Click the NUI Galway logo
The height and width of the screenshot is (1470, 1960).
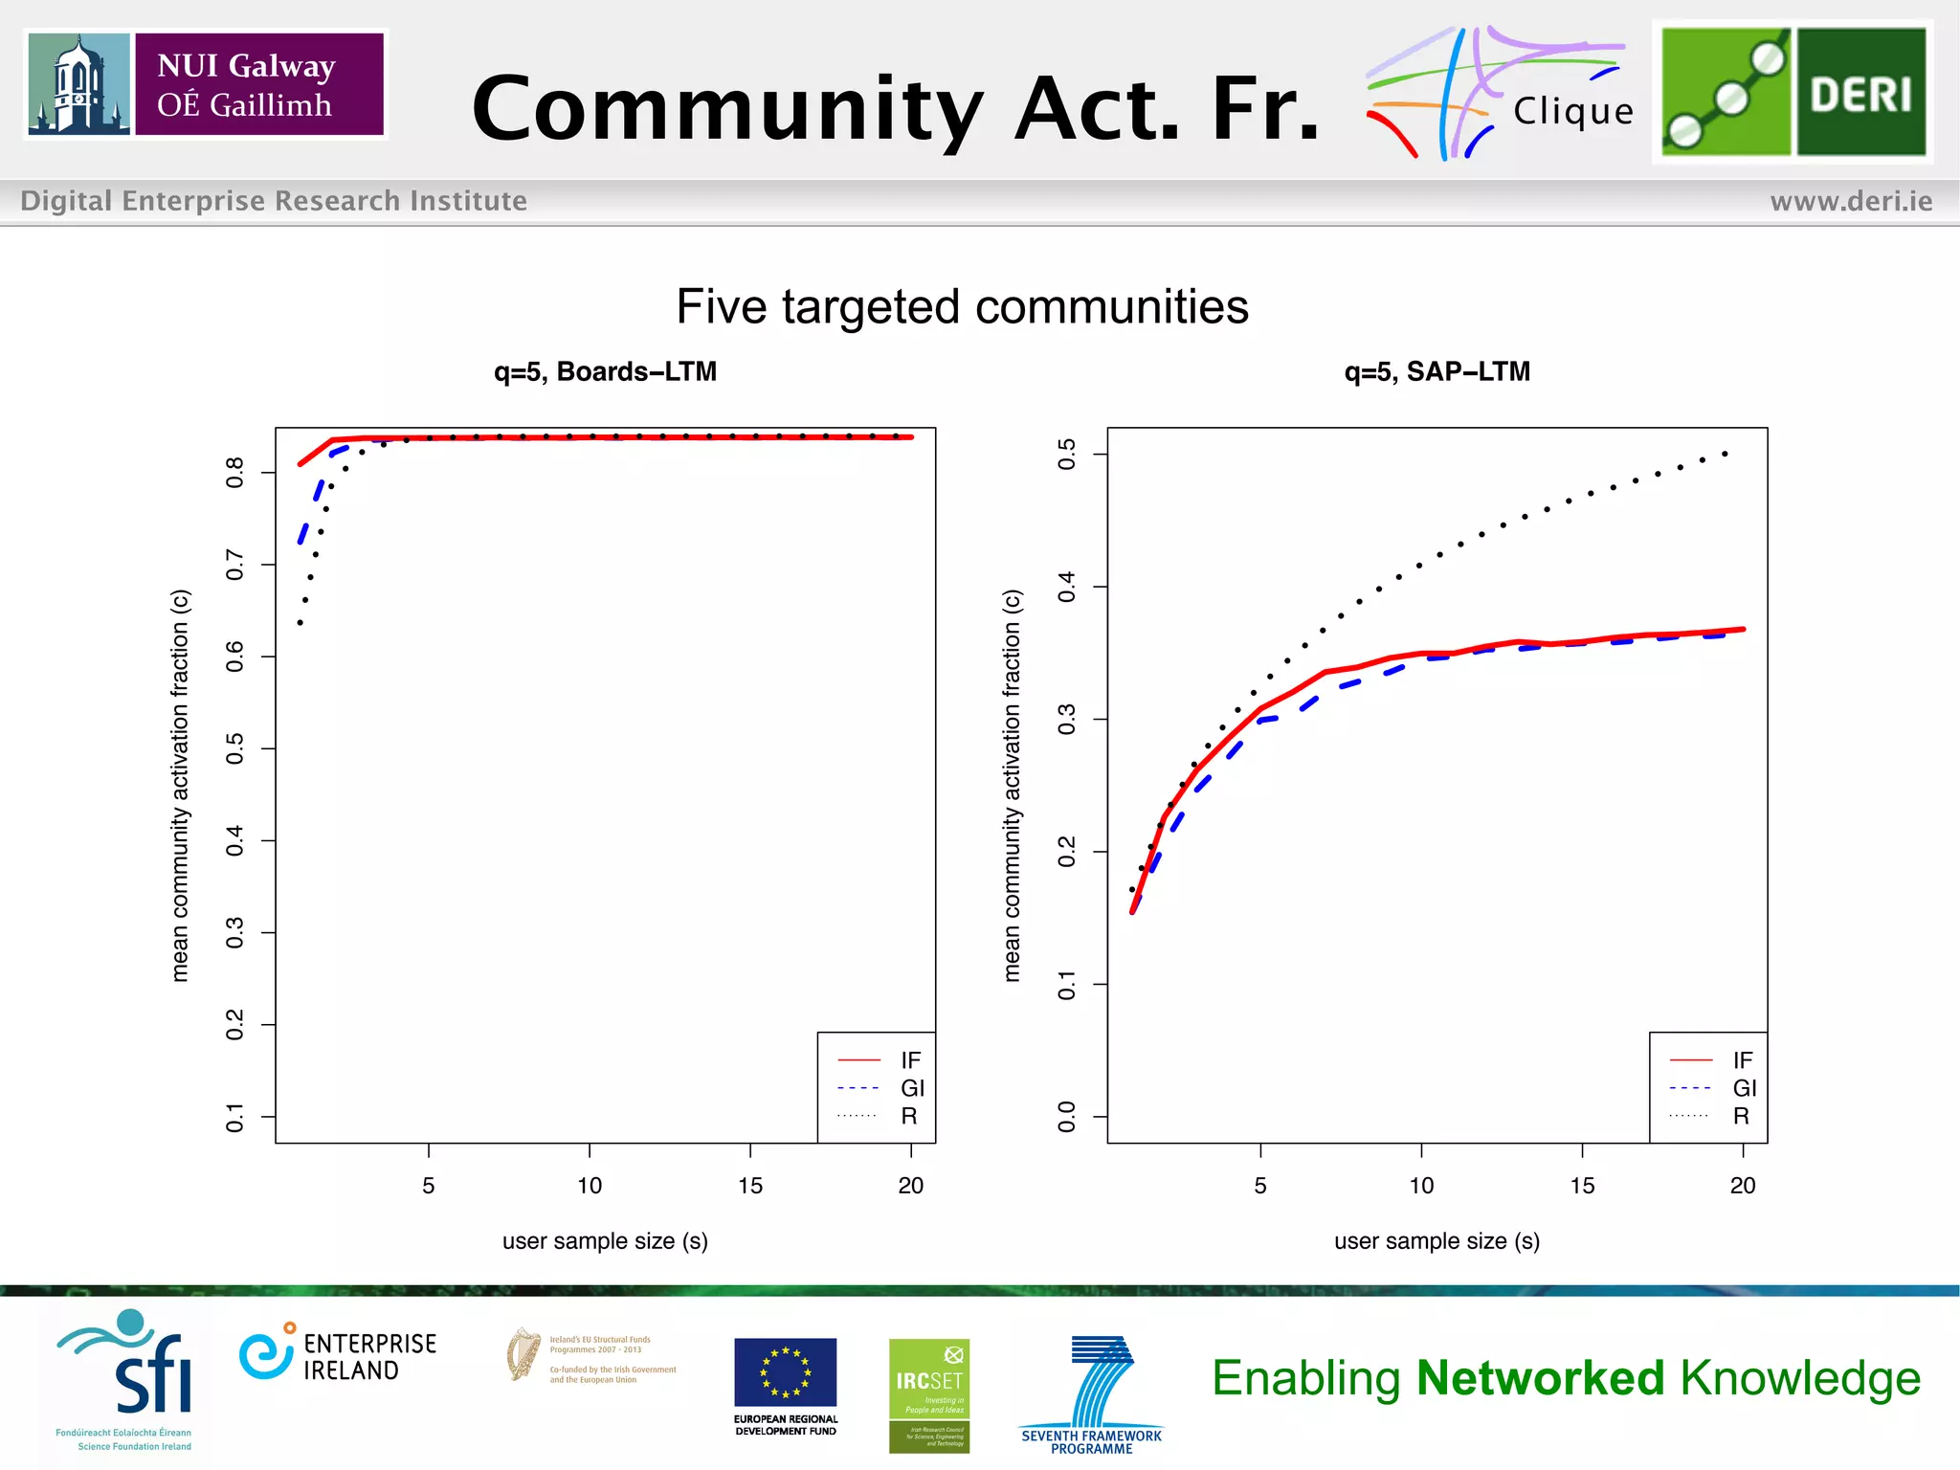206,84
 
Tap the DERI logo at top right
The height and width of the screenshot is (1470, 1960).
1793,92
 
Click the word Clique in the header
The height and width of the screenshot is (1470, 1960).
1573,112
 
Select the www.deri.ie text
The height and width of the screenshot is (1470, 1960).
1851,201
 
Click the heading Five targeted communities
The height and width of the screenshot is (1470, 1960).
962,307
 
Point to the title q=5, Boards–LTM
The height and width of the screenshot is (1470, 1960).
605,371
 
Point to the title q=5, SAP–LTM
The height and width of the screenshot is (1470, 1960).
1437,371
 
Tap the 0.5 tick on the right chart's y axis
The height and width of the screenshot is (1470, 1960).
1067,454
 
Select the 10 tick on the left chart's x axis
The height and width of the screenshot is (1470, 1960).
590,1186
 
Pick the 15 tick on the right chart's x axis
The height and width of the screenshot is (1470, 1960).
1582,1186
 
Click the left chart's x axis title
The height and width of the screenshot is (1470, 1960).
605,1241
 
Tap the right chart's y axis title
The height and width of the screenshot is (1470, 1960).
1013,785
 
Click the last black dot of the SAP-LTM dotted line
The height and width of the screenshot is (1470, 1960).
1725,454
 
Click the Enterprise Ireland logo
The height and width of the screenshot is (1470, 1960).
338,1355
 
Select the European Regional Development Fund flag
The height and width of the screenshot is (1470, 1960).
785,1371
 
